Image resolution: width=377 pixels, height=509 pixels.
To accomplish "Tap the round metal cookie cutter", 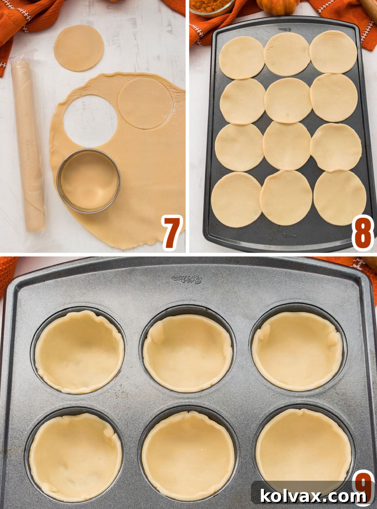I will tap(89, 181).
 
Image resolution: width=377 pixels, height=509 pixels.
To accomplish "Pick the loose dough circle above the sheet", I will tap(79, 48).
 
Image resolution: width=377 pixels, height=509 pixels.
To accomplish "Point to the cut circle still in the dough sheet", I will tap(145, 103).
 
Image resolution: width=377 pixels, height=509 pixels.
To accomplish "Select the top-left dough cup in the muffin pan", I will tap(79, 351).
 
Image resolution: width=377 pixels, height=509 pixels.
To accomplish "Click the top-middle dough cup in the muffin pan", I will tap(188, 353).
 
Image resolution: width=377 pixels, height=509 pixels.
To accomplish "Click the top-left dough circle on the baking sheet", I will tap(241, 57).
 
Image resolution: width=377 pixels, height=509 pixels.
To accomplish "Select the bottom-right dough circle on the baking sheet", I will tap(340, 198).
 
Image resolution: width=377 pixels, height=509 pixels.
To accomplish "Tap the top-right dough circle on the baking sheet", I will tap(333, 52).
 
